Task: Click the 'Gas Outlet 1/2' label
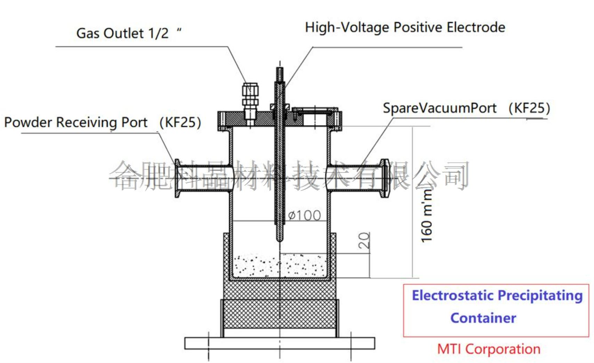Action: tap(122, 33)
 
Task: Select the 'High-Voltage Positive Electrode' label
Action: tap(405, 27)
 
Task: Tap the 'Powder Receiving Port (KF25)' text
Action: tap(103, 122)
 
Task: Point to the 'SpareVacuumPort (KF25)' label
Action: tap(466, 108)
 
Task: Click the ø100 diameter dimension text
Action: tap(305, 216)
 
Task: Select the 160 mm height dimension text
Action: tap(426, 216)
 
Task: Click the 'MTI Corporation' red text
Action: tap(489, 349)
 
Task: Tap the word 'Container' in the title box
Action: tap(483, 318)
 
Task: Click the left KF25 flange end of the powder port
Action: tap(177, 178)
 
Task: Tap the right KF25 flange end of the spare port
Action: tap(384, 178)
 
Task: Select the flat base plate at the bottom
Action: tap(280, 343)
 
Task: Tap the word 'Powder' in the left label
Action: tap(28, 122)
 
